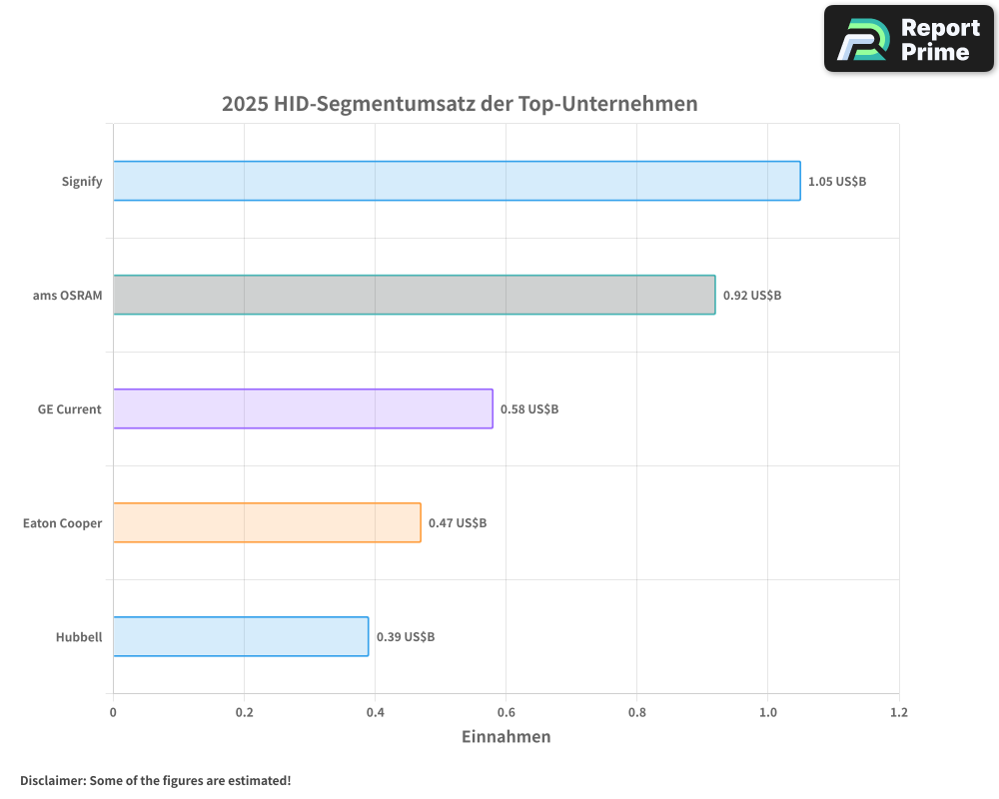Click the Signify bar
tap(457, 181)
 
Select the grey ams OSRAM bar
tap(414, 295)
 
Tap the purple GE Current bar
tap(303, 408)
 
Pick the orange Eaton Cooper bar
tap(267, 522)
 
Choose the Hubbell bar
tap(241, 636)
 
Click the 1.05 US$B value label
tap(837, 182)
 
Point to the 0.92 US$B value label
tap(752, 296)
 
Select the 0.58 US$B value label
tap(529, 409)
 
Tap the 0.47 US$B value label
tap(458, 523)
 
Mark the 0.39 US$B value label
tap(406, 637)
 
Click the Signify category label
tap(82, 182)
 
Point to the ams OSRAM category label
tap(68, 296)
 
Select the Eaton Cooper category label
tap(62, 523)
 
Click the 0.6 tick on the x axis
tap(505, 712)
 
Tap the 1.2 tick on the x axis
tap(899, 712)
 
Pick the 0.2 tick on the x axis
tap(244, 712)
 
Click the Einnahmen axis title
tap(505, 737)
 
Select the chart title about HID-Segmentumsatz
tap(460, 104)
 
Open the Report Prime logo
tap(908, 39)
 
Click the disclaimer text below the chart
tap(156, 780)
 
